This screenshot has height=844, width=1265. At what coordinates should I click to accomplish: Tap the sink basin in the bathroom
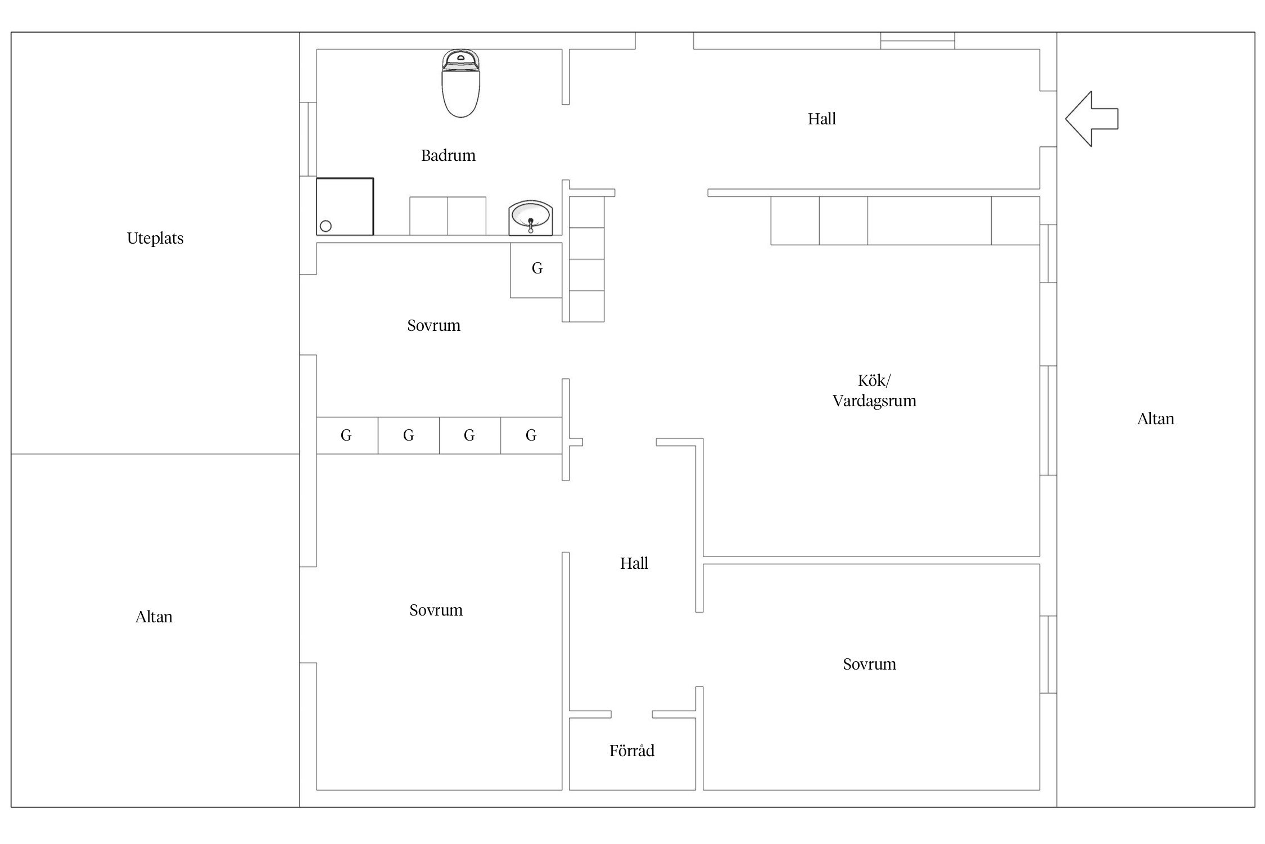(531, 217)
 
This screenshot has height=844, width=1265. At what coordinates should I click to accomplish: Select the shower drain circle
(326, 226)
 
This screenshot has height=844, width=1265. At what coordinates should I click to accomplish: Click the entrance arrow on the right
(1091, 119)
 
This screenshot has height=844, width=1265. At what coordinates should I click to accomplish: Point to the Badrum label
(448, 155)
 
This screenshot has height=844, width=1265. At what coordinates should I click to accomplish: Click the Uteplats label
(155, 239)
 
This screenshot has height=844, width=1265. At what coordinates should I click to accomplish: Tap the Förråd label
(632, 750)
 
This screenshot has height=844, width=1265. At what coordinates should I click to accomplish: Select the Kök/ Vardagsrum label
(874, 390)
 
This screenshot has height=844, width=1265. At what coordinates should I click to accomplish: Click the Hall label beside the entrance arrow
(822, 119)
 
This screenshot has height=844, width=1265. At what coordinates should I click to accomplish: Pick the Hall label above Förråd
(634, 563)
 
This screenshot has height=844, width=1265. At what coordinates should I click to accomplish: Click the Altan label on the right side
(1155, 419)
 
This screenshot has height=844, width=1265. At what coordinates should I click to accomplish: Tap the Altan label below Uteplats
(153, 617)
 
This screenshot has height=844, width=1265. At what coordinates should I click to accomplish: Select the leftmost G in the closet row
(346, 435)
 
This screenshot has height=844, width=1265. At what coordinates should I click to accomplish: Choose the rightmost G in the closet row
(531, 435)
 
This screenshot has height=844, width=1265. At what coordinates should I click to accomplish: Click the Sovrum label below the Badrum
(433, 325)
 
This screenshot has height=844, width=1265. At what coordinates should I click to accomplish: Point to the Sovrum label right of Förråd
(869, 664)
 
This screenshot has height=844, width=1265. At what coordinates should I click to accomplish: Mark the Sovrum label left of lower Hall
(436, 610)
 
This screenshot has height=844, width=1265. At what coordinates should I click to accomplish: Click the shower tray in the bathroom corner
(345, 206)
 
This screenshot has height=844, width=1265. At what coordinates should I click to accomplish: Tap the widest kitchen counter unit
(929, 221)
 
